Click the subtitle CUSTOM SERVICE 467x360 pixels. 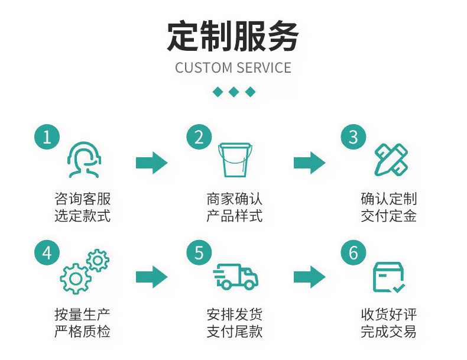pyautogui.click(x=233, y=67)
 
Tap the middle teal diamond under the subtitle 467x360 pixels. pyautogui.click(x=234, y=92)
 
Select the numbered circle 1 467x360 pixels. pyautogui.click(x=47, y=137)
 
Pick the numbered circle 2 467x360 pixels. pyautogui.click(x=199, y=137)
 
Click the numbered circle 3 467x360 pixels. pyautogui.click(x=354, y=137)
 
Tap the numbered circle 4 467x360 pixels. pyautogui.click(x=47, y=253)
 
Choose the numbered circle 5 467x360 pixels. pyautogui.click(x=199, y=253)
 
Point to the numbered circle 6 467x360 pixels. pyautogui.click(x=354, y=253)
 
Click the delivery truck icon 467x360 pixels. pyautogui.click(x=235, y=276)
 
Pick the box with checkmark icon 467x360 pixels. pyautogui.click(x=388, y=277)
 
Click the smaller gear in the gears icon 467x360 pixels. pyautogui.click(x=98, y=261)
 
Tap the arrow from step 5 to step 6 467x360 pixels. pyautogui.click(x=310, y=276)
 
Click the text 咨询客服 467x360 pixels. pyautogui.click(x=83, y=199)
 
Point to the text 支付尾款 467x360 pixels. pyautogui.click(x=235, y=331)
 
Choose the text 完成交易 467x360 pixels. pyautogui.click(x=388, y=331)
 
